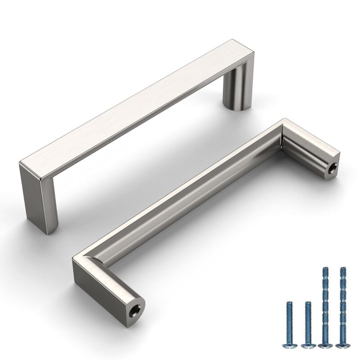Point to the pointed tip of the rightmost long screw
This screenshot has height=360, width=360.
[343, 268]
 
